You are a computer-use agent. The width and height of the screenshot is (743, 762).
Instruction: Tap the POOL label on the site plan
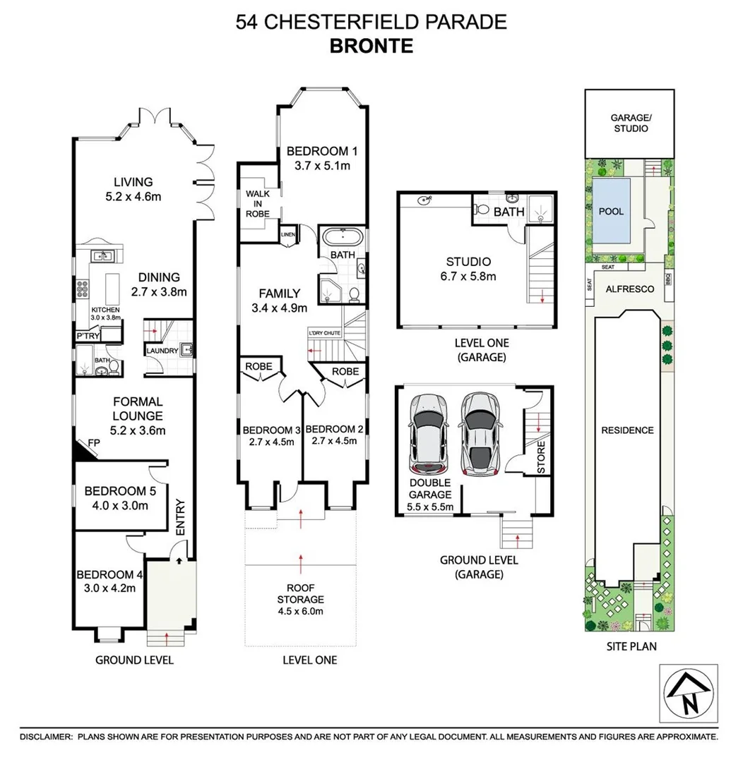[x=611, y=212]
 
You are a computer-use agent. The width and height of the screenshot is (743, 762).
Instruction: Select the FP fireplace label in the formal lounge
[x=94, y=442]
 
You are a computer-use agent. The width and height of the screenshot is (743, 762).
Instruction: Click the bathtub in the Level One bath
[x=343, y=238]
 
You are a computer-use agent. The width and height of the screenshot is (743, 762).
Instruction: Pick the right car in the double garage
[x=481, y=433]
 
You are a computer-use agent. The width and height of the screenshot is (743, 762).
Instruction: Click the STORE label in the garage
[x=541, y=457]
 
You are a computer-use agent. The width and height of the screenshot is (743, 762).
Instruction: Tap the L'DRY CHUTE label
[x=325, y=333]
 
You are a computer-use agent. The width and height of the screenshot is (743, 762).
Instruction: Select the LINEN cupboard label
[x=288, y=235]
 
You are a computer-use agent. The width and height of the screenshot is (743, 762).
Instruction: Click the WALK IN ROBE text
[x=257, y=204]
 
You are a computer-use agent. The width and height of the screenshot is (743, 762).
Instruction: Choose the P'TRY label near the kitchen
[x=88, y=336]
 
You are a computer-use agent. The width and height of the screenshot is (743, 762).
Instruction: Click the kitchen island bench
[x=112, y=289]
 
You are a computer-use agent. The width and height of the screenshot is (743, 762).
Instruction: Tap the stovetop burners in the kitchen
[x=82, y=289]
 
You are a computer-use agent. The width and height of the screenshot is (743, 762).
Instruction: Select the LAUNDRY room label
[x=162, y=351]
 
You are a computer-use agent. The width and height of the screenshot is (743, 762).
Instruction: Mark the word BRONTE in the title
[x=371, y=46]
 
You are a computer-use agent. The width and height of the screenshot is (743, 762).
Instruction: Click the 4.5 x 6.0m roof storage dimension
[x=301, y=611]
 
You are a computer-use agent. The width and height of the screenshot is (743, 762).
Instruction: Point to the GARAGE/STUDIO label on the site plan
[x=631, y=123]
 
